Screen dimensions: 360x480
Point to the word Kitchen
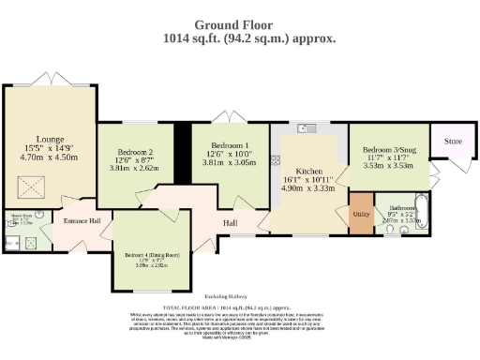click(309, 172)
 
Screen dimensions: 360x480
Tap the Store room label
click(453, 142)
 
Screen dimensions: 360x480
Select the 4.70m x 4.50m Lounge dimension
click(50, 157)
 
